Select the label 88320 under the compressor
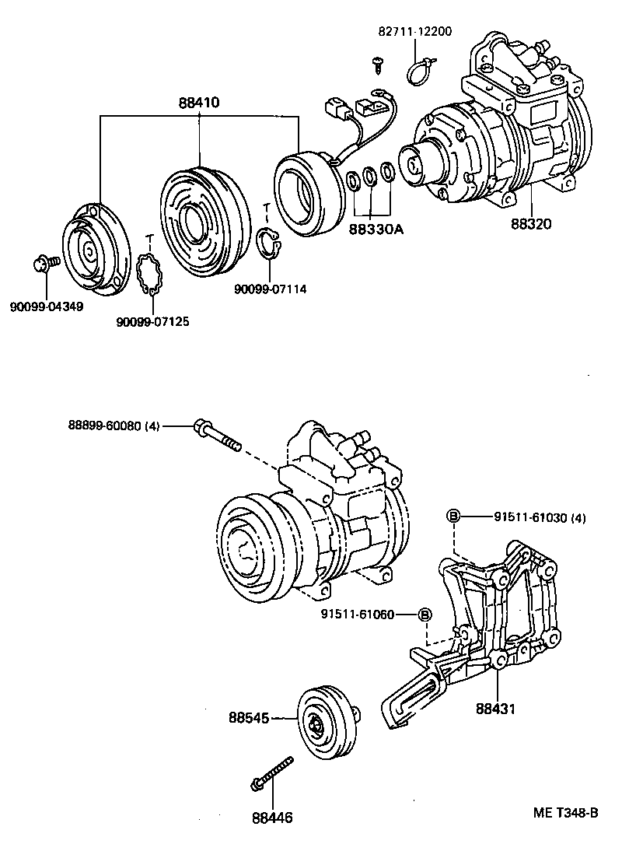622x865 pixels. click(x=532, y=225)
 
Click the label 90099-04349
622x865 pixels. click(x=47, y=306)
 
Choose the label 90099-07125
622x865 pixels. click(x=152, y=321)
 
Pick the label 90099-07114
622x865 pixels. click(x=270, y=289)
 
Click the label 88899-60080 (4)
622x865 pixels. click(x=114, y=425)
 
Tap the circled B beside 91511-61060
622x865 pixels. click(x=425, y=615)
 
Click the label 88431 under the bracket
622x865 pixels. click(x=497, y=709)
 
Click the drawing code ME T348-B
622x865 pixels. click(x=565, y=813)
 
